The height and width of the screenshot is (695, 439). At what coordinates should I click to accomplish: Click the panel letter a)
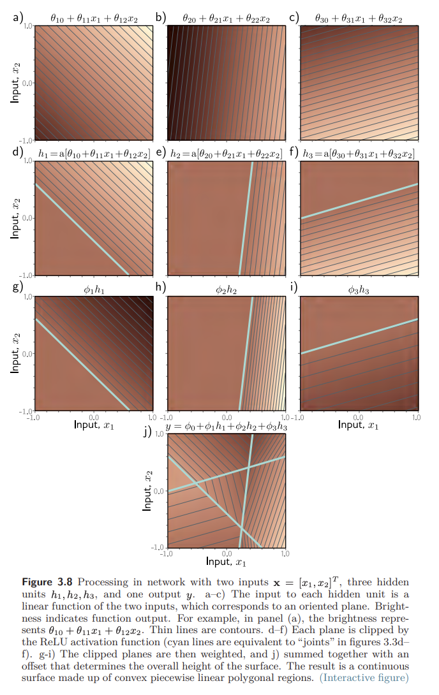coord(18,17)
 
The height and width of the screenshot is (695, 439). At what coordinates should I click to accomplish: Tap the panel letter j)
coord(147,431)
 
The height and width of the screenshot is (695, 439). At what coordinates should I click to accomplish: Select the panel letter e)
coord(161,152)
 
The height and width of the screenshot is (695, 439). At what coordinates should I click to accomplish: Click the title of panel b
coord(226,18)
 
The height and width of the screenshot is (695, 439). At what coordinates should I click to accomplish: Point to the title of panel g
coord(94,290)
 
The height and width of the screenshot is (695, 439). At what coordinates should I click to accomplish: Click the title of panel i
coord(359,290)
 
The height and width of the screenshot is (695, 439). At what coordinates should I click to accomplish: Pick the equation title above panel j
coord(226,427)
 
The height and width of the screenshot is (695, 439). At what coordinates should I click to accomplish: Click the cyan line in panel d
coord(82,229)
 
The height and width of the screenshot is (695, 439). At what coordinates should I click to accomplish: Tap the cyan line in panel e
coord(246,218)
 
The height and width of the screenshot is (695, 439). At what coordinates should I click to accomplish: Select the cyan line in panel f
coord(360,201)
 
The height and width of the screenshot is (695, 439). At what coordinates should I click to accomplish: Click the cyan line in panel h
coord(246,354)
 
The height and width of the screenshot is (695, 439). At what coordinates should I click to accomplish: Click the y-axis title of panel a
coord(15,83)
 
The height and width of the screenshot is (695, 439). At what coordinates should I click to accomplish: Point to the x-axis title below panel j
coord(226,562)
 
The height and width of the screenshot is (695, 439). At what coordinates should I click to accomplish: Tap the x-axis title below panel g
coord(94,425)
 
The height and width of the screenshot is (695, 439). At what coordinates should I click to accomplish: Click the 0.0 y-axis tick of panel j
coord(159,491)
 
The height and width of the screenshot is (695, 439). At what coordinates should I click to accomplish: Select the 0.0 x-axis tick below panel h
coord(227,418)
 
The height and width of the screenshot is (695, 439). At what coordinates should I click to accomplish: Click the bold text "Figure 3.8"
coord(47,582)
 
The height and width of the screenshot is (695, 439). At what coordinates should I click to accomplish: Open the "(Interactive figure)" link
coord(364,678)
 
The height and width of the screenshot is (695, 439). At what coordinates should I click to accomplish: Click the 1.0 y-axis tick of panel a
coord(27,26)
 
